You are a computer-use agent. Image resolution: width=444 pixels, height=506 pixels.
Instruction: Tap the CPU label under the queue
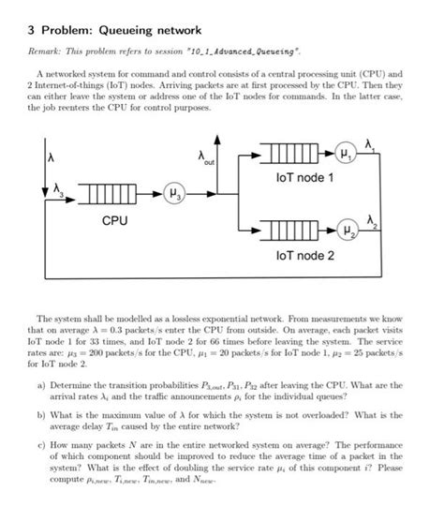[x=114, y=220]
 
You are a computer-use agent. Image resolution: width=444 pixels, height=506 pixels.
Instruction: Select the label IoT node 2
[x=304, y=253]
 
